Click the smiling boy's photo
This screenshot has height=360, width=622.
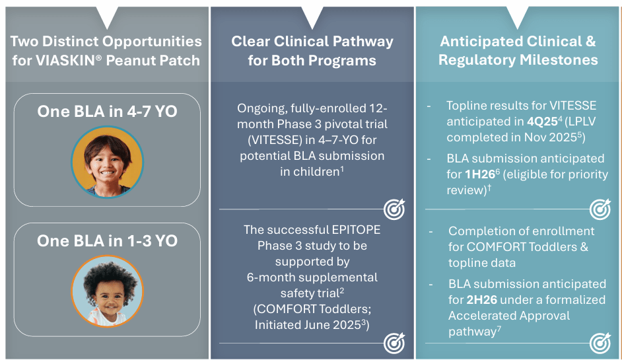107,162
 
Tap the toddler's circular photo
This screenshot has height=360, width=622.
107,291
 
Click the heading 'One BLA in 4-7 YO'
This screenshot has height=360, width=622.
107,112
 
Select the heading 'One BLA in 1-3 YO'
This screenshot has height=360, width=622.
107,241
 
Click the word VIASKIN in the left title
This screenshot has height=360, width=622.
69,61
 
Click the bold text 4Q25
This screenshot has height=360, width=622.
543,122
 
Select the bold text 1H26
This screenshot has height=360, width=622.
479,174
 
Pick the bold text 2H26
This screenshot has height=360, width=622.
481,300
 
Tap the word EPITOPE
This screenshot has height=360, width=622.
356,230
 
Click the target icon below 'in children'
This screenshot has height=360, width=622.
394,209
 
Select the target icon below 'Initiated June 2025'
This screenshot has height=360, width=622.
394,343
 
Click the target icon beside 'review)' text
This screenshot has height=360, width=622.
600,209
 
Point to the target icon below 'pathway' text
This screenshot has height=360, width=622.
600,343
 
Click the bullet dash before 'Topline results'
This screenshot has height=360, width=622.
429,106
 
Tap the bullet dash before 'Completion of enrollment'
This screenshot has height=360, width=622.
431,232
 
